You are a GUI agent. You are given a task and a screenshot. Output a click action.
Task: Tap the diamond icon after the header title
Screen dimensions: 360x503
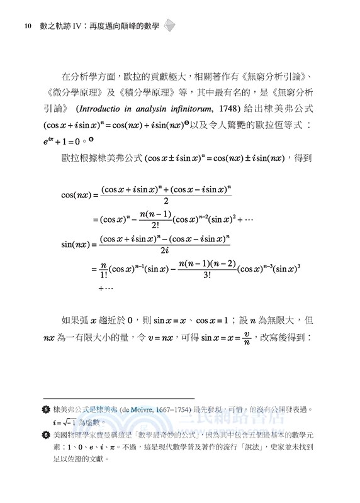169,26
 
